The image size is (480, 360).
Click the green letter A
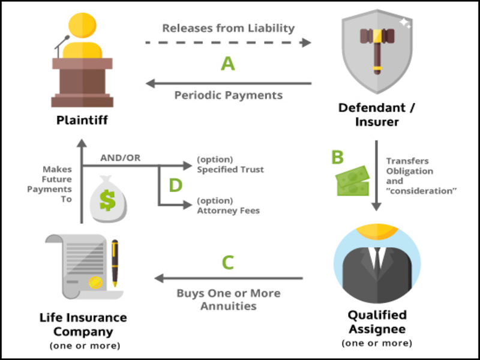tap(227, 63)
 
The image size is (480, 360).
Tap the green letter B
tap(338, 157)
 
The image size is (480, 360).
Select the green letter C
tap(228, 262)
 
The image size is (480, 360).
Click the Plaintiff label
tap(82, 120)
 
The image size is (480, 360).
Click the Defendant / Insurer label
tap(377, 115)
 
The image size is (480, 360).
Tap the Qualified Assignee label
tap(377, 322)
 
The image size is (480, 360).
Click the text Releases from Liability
tap(229, 28)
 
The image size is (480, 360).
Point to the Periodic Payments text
tap(229, 95)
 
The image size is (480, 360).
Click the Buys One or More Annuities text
tap(229, 299)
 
